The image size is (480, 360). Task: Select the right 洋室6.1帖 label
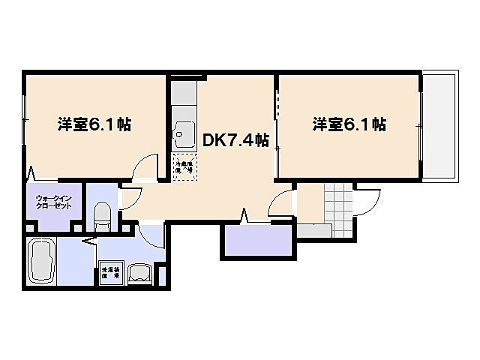coord(349,124)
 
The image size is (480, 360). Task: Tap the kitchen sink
coord(182,135)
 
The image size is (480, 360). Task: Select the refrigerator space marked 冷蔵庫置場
coord(184,166)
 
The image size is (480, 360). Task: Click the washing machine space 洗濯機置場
coord(110,274)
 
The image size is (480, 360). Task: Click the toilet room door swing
coord(129,197)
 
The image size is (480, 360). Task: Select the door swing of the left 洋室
coord(145,168)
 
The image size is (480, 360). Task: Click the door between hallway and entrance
coord(283,203)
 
